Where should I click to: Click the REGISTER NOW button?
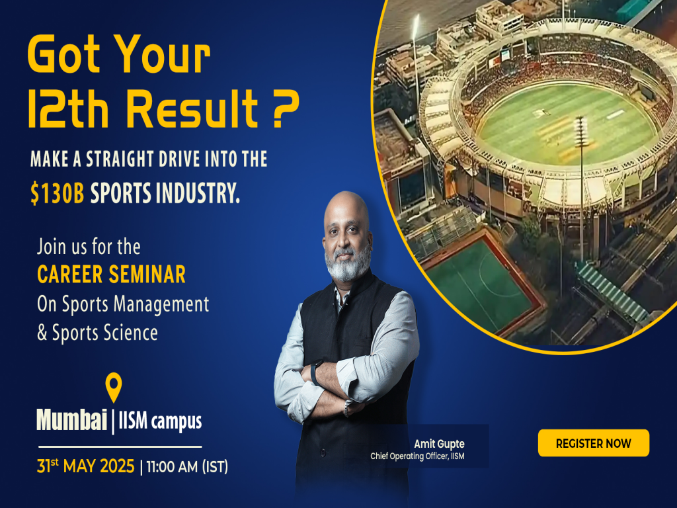[593, 443]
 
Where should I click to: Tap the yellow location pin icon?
[114, 387]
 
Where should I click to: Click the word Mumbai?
[71, 421]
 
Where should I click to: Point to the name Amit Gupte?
[438, 443]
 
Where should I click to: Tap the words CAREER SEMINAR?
[111, 275]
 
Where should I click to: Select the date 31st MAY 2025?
[86, 466]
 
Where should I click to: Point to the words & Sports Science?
[97, 333]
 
